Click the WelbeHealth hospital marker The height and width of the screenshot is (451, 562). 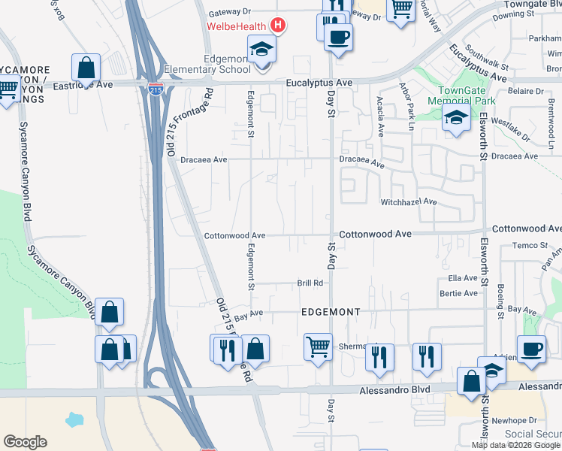(x=278, y=26)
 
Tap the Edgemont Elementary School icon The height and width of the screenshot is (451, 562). (x=261, y=50)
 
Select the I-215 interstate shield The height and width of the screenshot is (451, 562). (x=156, y=89)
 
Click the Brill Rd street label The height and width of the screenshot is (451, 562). (x=310, y=283)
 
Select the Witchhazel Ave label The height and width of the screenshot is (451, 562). (x=409, y=202)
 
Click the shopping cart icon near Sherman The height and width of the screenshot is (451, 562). (x=318, y=347)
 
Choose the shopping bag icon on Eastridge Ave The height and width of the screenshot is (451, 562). (x=86, y=67)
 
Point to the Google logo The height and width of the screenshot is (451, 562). (x=25, y=441)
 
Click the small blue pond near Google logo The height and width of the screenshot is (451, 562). (x=76, y=419)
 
